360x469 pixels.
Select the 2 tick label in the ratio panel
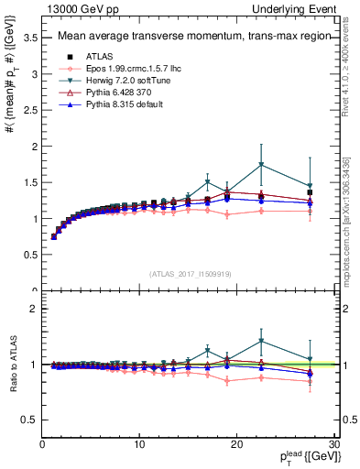(x=32, y=309)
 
